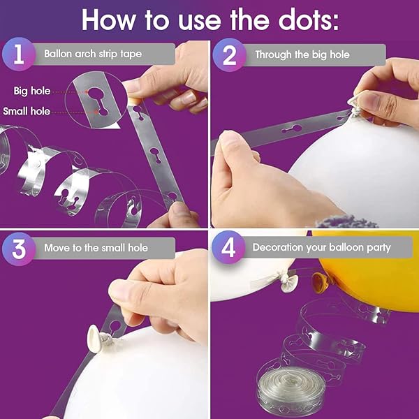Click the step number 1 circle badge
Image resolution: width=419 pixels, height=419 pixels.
coord(19,54)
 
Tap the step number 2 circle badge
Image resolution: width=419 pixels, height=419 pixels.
coord(229,54)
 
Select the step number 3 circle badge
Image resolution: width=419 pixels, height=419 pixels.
coord(19,249)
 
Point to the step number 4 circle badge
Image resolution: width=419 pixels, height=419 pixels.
coord(228,247)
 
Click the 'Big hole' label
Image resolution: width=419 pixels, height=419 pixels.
coord(32,91)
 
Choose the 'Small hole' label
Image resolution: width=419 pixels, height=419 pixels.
coord(27,111)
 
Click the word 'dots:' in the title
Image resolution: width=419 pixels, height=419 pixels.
coord(308,20)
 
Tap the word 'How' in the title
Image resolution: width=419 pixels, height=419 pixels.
coord(108,20)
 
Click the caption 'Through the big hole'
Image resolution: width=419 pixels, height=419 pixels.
coord(302,54)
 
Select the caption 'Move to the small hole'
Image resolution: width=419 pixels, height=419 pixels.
coord(96,248)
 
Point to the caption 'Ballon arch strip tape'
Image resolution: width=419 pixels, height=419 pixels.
coord(93,54)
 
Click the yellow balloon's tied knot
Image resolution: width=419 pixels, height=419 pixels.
coord(320,282)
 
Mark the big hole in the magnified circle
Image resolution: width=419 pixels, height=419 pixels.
coord(96,94)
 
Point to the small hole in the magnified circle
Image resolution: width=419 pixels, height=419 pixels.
coord(103,112)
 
